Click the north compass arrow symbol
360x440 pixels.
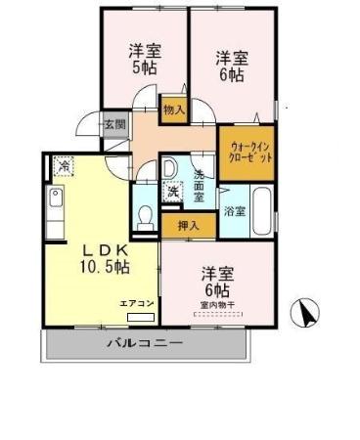tap(307, 314)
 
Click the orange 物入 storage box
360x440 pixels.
tap(173, 110)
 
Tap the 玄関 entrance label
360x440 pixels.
tap(114, 124)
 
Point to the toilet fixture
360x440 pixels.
tap(147, 218)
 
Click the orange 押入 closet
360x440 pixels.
tap(185, 225)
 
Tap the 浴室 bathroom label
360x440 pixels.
tap(234, 209)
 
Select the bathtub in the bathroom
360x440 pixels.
tap(261, 211)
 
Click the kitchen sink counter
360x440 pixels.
tap(55, 209)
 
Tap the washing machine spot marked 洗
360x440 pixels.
tap(174, 191)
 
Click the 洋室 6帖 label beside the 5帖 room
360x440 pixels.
tap(232, 66)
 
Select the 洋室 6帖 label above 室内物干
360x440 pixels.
tap(215, 280)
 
